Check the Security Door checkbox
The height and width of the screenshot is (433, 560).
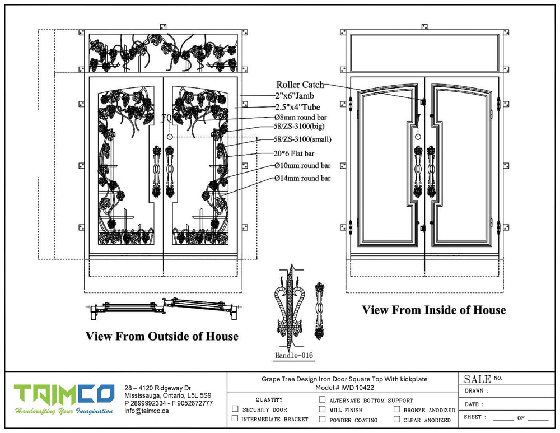[x=235, y=409]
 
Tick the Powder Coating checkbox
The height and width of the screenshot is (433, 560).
[x=322, y=420]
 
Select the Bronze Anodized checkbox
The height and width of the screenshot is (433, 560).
[x=396, y=409]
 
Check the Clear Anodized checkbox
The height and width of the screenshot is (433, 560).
[x=396, y=420]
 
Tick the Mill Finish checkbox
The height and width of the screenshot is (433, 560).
[x=322, y=409]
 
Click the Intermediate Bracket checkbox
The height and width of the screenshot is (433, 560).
[x=235, y=419]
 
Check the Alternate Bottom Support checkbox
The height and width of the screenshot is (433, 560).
[x=322, y=400]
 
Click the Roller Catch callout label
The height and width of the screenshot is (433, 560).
[x=300, y=85]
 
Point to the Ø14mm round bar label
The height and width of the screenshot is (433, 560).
[x=302, y=178]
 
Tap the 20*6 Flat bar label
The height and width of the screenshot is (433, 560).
[x=295, y=153]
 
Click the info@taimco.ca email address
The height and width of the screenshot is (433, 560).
[x=147, y=411]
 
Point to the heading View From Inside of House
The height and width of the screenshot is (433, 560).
[x=433, y=310]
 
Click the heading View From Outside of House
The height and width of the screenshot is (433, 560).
[x=162, y=336]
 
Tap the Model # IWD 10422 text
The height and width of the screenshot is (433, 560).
[x=344, y=388]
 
